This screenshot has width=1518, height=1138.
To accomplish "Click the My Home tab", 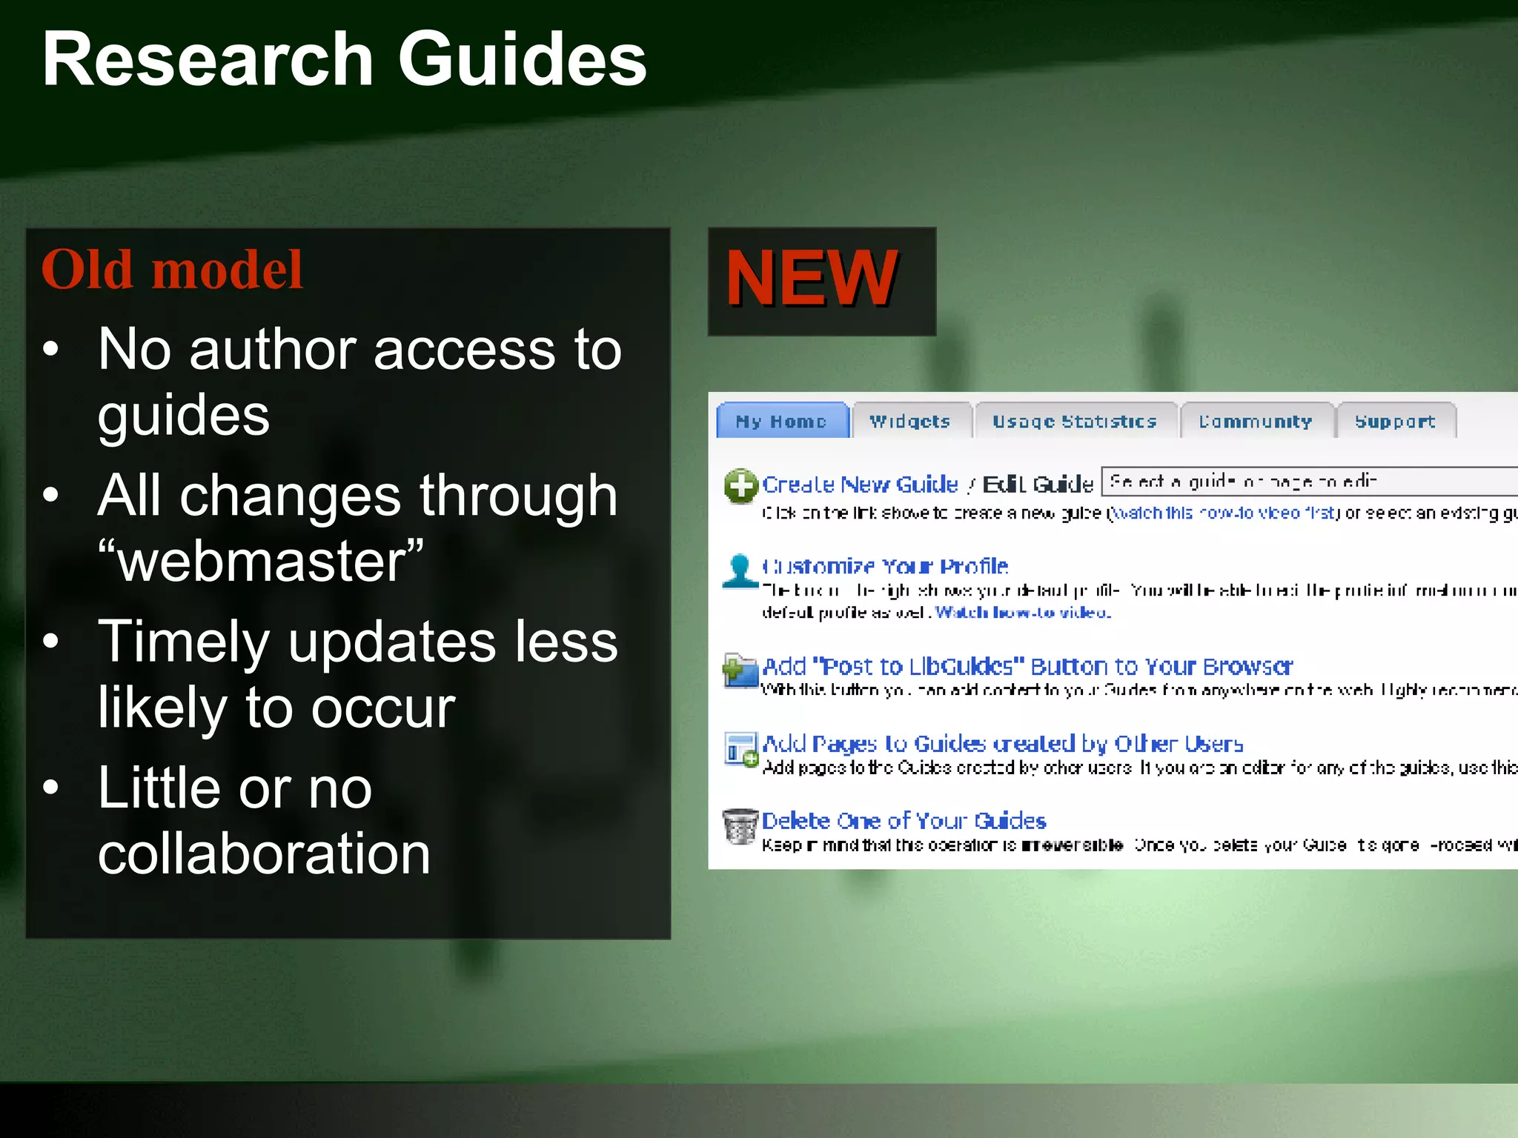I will point(782,421).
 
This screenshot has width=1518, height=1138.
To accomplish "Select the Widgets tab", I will point(910,421).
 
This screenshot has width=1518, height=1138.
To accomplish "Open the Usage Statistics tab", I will point(1075,421).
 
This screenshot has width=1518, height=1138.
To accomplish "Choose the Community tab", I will point(1256,421).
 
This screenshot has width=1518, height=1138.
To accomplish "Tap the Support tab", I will point(1395,421).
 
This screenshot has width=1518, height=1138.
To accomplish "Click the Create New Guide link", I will point(860,485).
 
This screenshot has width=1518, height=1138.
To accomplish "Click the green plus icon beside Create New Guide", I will point(740,486).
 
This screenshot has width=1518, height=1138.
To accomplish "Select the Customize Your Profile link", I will point(885,566).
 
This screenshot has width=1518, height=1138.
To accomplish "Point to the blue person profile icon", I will point(740,570).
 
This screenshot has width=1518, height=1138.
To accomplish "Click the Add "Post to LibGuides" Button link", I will point(1027,666).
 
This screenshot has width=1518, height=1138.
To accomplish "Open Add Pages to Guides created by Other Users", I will point(1002,743).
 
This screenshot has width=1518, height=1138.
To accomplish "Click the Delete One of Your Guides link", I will point(904,820).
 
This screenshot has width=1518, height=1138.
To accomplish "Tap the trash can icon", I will point(740,826).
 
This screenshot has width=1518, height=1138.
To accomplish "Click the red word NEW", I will point(812,278).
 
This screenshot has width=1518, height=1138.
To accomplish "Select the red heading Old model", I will point(172,269).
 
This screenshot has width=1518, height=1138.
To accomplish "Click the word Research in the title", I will point(208,59).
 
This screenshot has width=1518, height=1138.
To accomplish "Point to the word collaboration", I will point(264,853).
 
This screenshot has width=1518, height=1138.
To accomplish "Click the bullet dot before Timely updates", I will point(50,641).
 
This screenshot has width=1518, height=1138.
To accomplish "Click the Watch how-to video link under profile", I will point(1023,612).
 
